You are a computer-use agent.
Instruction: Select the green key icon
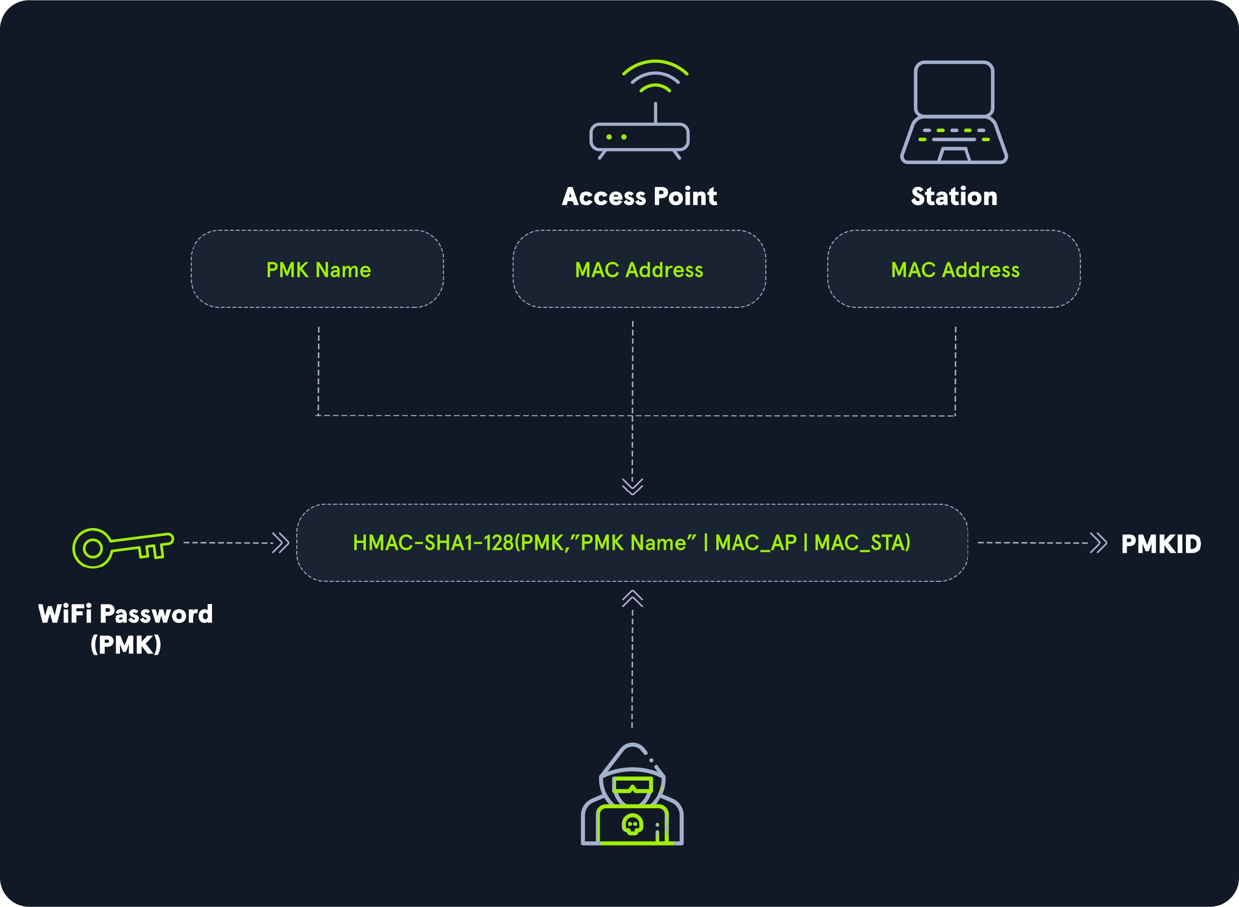click(x=123, y=547)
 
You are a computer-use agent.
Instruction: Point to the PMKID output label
click(x=1161, y=544)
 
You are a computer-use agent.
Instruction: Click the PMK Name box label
click(x=318, y=270)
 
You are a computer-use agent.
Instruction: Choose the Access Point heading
click(x=639, y=196)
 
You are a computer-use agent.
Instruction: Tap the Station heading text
click(x=954, y=196)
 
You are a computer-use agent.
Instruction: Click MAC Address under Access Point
click(x=639, y=270)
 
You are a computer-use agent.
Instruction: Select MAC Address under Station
click(x=955, y=270)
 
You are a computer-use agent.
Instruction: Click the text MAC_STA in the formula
click(x=862, y=543)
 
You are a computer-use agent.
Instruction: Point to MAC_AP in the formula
click(x=756, y=543)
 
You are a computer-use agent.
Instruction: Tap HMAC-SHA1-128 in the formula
click(x=433, y=543)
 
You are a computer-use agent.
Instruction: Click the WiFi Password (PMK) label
click(x=126, y=629)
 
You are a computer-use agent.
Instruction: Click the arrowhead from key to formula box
click(x=281, y=543)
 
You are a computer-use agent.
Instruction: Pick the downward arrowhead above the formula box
click(x=633, y=486)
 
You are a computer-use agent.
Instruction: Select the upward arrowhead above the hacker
click(x=633, y=598)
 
